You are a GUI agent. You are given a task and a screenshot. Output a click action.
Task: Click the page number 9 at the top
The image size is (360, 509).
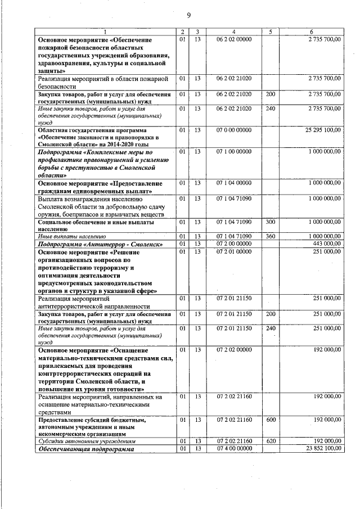(x=189, y=15)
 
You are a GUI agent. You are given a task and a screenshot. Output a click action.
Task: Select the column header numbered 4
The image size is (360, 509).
(x=234, y=31)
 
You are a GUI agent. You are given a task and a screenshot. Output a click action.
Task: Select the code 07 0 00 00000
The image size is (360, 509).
(x=234, y=130)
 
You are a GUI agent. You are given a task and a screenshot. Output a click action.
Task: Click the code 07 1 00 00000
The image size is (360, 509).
(x=234, y=152)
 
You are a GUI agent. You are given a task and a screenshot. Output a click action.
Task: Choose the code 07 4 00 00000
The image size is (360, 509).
(x=234, y=449)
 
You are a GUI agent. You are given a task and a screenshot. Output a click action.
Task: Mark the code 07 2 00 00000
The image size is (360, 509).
(x=234, y=244)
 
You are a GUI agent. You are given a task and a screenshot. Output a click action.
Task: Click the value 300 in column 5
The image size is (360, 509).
(x=271, y=222)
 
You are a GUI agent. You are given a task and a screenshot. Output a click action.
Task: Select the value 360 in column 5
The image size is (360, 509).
(x=271, y=237)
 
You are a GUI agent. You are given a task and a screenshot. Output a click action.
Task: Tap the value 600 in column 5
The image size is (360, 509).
(x=271, y=420)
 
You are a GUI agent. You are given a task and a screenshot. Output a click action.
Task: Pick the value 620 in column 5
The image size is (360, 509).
(x=271, y=442)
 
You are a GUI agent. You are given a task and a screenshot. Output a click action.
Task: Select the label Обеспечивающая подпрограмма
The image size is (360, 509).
(x=86, y=449)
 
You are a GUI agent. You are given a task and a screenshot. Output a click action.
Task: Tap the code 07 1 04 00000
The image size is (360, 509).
(x=234, y=183)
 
